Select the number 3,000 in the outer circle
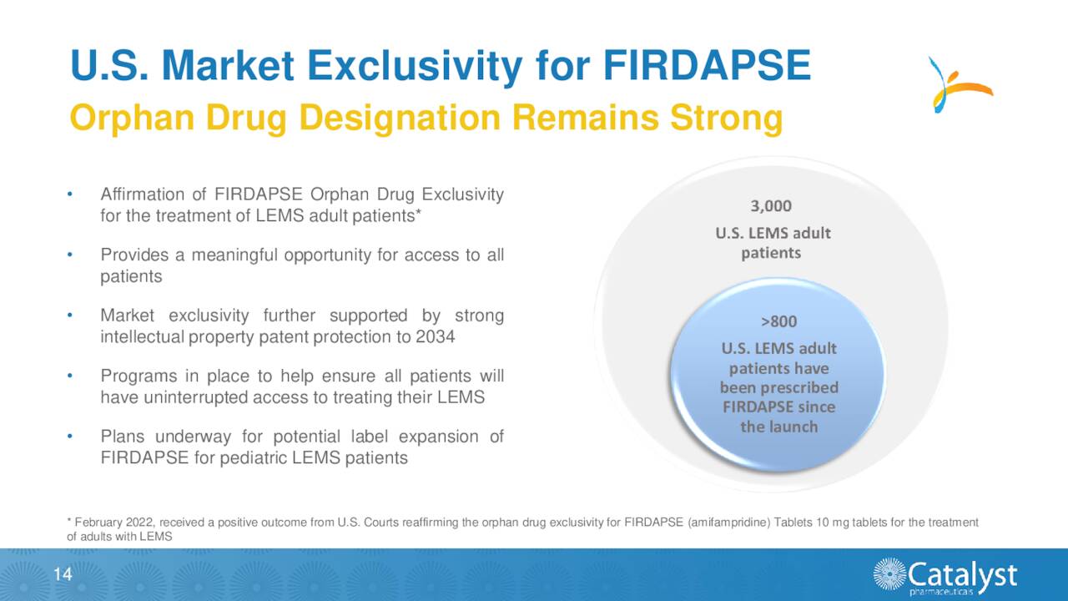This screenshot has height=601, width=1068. click(x=772, y=206)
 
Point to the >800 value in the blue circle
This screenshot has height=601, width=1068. click(x=778, y=322)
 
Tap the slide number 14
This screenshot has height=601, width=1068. click(x=62, y=573)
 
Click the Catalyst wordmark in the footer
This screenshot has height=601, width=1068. click(x=961, y=573)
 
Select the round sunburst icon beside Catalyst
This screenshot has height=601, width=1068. click(x=889, y=574)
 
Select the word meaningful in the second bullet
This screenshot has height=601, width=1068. click(x=234, y=255)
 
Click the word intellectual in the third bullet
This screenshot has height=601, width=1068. click(x=142, y=337)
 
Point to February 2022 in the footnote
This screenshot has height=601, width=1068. click(x=103, y=523)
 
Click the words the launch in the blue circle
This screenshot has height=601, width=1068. click(x=778, y=427)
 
